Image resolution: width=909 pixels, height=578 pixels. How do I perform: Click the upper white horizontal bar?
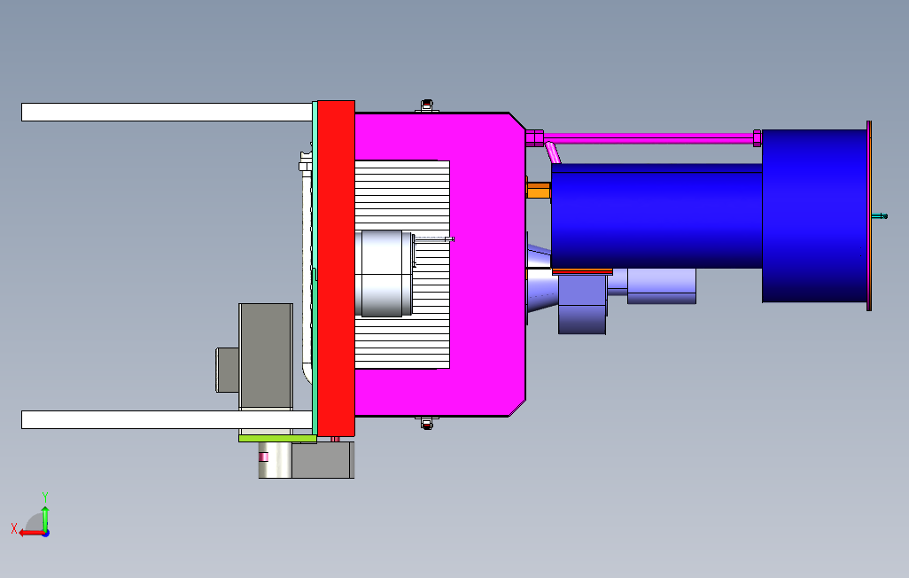pos(167,112)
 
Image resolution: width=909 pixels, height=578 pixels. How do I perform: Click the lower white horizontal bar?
pos(167,419)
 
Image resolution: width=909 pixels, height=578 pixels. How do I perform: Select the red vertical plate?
pos(337,269)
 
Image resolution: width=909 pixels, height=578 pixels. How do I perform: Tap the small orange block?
pos(539,191)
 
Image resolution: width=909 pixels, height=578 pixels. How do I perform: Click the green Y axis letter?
pos(44,497)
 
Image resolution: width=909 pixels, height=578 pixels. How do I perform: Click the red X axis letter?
pos(14,528)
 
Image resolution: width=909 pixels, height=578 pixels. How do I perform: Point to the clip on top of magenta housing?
pos(427,105)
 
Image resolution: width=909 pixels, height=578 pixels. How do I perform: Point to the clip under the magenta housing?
pos(427,423)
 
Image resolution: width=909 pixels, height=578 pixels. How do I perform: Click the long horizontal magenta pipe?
pos(649,138)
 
